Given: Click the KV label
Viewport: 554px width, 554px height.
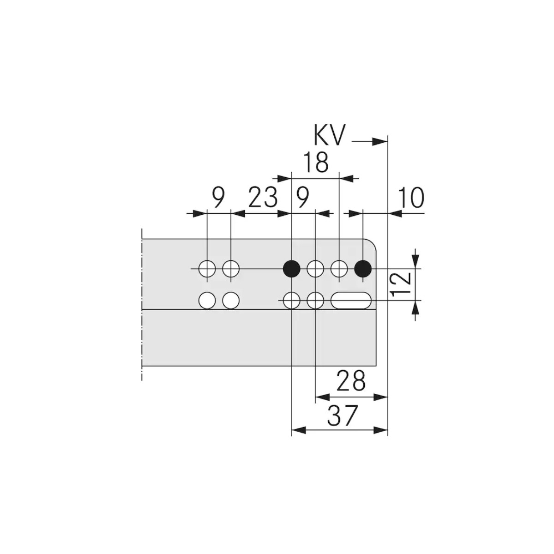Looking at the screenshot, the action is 329,135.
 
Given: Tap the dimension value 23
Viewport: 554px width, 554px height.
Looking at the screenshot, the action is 263,198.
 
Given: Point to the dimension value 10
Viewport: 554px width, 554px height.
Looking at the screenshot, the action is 412,198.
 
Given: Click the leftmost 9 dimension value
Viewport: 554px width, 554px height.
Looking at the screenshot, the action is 218,198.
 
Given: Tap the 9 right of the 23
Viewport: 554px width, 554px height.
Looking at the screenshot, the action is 302,198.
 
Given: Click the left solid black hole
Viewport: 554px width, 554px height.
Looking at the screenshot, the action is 291,269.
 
